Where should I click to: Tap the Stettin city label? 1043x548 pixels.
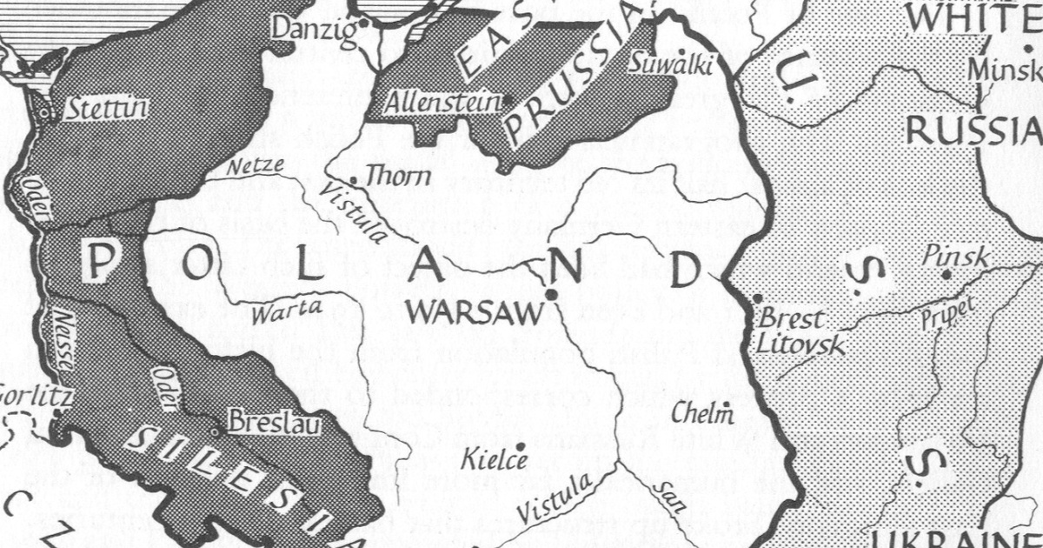point(106,110)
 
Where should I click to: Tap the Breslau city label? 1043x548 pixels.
point(272,424)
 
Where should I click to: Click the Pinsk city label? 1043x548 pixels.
point(955,257)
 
